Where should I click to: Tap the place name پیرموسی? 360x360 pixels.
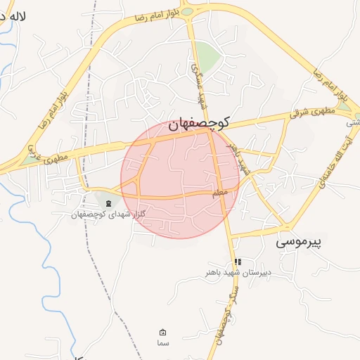[x=298, y=243]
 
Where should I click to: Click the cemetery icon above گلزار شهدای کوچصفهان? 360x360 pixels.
[x=108, y=203]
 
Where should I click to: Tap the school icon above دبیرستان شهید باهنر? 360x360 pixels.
[x=238, y=262]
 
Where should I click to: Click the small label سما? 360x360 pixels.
[x=163, y=342]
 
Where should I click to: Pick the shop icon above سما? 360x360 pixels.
[x=163, y=333]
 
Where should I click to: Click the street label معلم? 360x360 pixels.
[x=219, y=192]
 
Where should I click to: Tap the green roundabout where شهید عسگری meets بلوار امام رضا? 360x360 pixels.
[x=187, y=11]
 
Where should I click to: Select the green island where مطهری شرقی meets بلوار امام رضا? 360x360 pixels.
[x=343, y=105]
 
